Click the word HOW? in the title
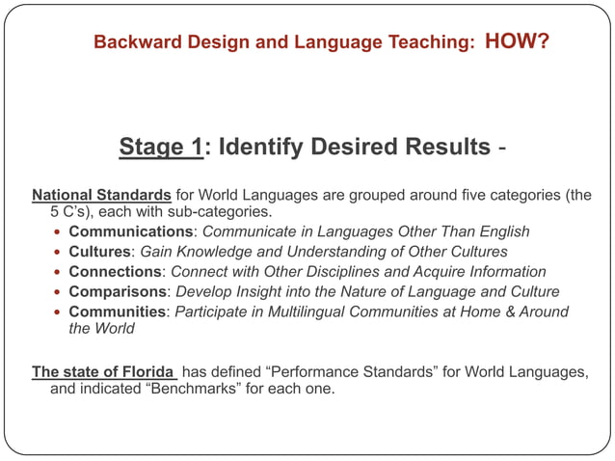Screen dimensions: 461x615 (518, 41)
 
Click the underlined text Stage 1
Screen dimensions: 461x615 (161, 148)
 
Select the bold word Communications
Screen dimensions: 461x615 (130, 231)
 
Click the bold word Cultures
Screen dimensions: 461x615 (99, 252)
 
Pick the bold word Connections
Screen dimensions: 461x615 (115, 272)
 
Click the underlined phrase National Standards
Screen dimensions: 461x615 (102, 195)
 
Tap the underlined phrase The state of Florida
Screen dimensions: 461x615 (104, 371)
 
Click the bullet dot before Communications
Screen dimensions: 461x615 (59, 232)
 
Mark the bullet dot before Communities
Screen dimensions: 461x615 (59, 312)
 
